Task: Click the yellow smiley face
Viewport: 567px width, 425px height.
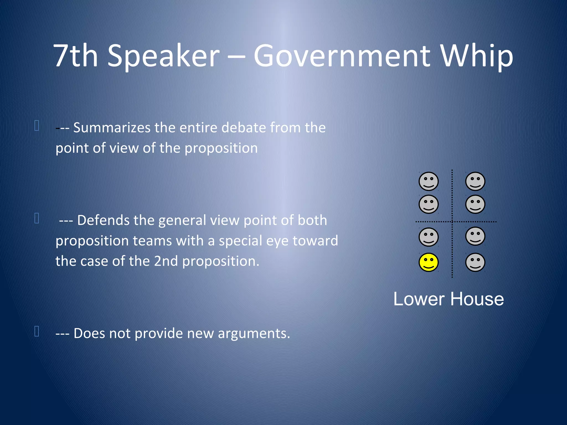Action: (428, 262)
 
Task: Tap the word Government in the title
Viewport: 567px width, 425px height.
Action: (342, 56)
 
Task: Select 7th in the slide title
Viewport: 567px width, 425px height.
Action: (75, 56)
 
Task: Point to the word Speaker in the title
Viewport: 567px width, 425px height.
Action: (163, 56)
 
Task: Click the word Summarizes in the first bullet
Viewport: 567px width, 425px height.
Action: (112, 128)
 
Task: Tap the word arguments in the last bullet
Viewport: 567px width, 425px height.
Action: (254, 333)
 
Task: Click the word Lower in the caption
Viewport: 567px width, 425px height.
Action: (419, 299)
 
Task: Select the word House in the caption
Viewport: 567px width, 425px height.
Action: (477, 299)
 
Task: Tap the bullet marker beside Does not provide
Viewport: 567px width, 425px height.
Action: (37, 331)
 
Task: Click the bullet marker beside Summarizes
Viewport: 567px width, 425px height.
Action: (37, 125)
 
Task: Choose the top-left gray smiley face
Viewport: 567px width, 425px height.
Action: (428, 182)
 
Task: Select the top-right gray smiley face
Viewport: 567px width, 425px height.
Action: (475, 182)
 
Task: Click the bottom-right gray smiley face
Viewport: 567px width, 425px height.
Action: (475, 262)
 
